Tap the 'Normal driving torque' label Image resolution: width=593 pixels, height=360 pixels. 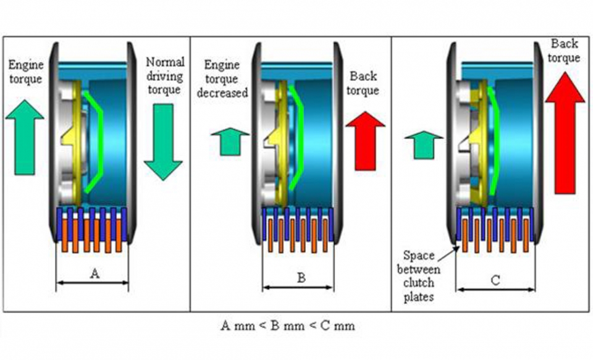[x=165, y=76]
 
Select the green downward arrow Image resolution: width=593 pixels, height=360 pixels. [x=163, y=141]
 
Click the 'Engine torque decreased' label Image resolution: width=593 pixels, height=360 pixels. [x=225, y=78]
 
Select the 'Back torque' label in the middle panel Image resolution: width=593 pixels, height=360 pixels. [x=363, y=83]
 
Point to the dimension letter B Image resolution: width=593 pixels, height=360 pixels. [x=301, y=278]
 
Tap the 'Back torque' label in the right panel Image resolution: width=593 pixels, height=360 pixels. [x=565, y=51]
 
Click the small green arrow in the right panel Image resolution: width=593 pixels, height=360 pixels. [x=424, y=143]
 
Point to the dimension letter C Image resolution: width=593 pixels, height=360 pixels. [x=495, y=280]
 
